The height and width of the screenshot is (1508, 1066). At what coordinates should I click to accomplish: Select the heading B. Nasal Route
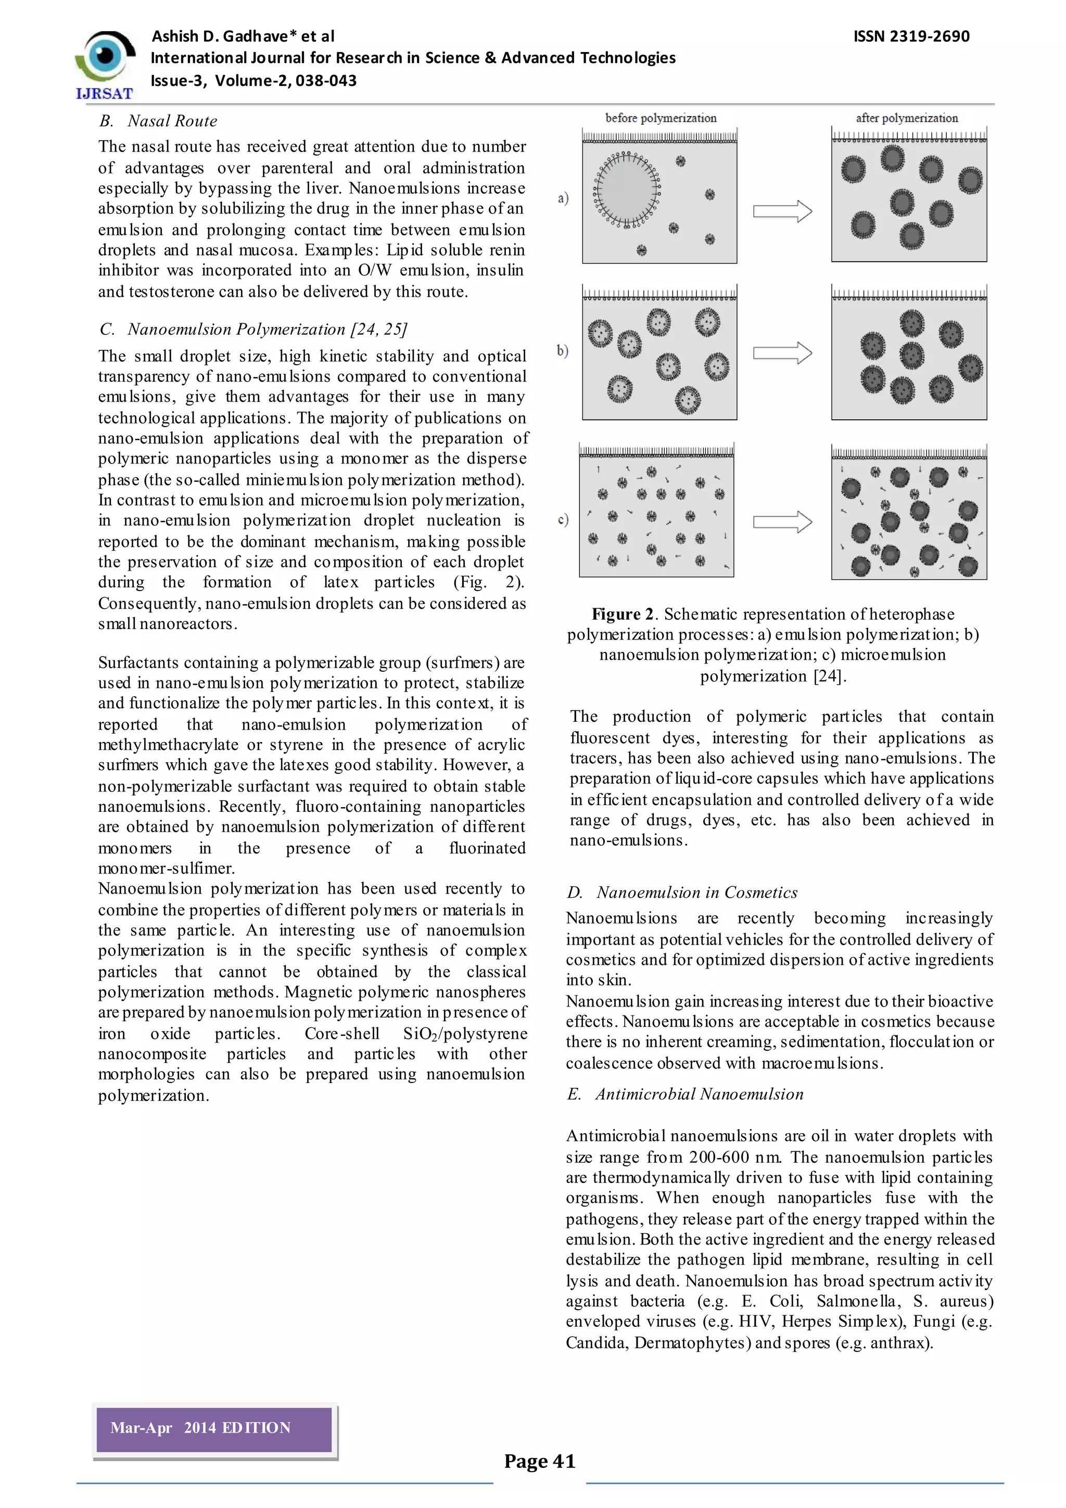pos(158,121)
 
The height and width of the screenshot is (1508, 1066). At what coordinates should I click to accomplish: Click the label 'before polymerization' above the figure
pos(661,118)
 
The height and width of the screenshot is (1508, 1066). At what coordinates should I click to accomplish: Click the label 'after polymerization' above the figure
pos(907,118)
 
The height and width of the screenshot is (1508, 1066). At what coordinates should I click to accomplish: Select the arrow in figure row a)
pos(782,211)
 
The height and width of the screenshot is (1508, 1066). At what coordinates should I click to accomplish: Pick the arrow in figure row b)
pos(782,353)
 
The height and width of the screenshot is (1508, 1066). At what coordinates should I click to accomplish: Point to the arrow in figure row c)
pos(782,522)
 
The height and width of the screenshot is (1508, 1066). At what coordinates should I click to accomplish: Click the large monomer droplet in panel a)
pos(627,191)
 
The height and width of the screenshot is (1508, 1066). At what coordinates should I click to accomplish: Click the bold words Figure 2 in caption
pos(623,614)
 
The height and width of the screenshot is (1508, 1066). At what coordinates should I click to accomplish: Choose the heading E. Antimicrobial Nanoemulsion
pos(686,1094)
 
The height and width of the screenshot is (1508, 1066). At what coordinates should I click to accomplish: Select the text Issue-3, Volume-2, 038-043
pos(253,81)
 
